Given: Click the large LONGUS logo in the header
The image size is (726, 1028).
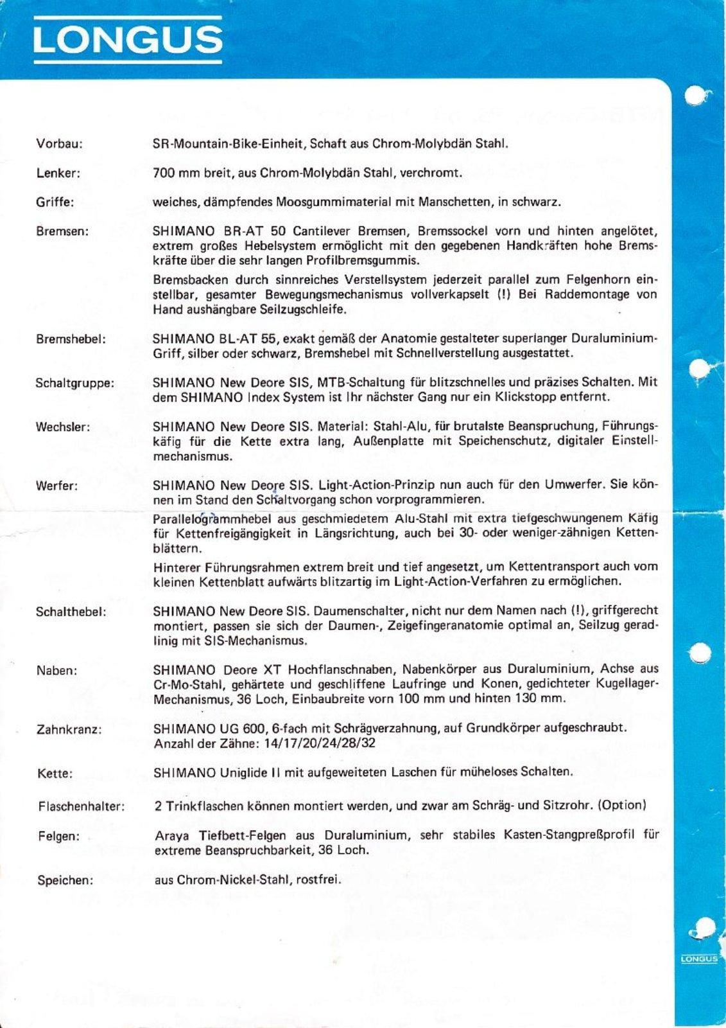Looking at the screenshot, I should pos(128,40).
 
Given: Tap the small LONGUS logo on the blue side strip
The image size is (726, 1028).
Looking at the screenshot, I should pos(699,959).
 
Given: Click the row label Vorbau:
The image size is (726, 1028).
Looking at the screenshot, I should pos(59,144).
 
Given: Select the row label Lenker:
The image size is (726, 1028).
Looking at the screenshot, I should pos(58,173).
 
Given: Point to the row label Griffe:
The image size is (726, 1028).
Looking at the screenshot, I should pos(55,202).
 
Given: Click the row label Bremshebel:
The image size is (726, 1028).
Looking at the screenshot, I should pos(71,339).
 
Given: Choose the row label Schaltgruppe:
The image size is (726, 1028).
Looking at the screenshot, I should pos(75,384).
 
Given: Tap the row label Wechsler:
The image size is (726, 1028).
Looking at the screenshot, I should pos(63,427).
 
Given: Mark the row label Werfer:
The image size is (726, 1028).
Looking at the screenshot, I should pos(57,486).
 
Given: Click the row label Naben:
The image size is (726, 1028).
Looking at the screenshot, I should pos(56,671).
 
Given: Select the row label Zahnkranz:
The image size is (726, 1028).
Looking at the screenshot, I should pos(69,730).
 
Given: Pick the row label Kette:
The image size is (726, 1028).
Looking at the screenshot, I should pos(55,774).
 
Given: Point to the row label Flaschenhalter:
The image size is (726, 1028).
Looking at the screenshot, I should pos(82,806).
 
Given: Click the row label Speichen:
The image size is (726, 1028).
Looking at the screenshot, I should pos(65,880).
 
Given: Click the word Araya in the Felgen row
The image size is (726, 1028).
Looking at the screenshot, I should pos(173,835).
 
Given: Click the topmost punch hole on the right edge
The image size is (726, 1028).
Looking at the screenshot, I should pos(697,96).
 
